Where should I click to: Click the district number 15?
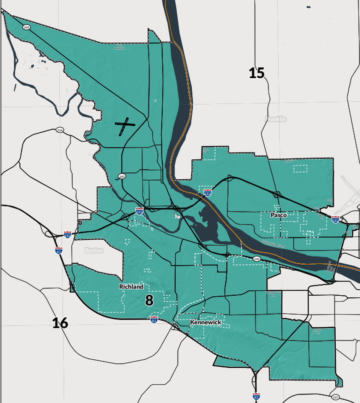[256, 73]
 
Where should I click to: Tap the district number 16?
[60, 323]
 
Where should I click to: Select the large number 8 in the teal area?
[149, 300]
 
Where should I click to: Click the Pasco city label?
[279, 215]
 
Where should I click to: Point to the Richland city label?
[131, 286]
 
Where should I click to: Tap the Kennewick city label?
[206, 322]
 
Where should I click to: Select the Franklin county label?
[276, 119]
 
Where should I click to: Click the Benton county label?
[94, 250]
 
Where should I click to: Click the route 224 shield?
[59, 130]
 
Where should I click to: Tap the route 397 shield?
[335, 397]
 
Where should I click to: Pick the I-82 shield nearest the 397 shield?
[256, 396]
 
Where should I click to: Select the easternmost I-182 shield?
[335, 220]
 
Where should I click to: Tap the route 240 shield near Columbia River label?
[256, 259]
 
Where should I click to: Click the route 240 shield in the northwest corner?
[26, 27]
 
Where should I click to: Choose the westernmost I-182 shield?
[67, 235]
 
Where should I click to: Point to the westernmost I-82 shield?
[58, 251]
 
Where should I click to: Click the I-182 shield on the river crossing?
[207, 192]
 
